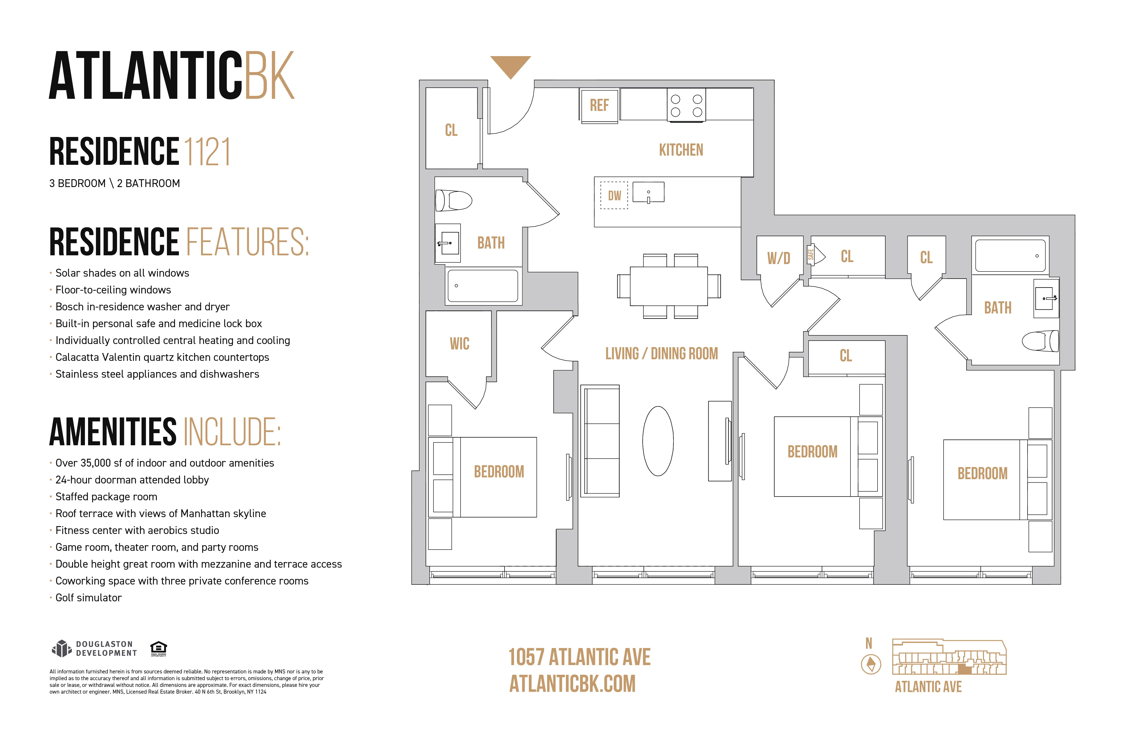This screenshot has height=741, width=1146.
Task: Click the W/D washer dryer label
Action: pos(778,258)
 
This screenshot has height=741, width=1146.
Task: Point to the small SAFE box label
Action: pos(811,255)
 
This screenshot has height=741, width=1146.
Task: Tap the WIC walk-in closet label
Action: pos(459,344)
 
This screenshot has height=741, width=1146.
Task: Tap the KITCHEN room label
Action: pos(681,150)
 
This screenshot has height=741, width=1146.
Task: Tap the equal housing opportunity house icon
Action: pos(158,648)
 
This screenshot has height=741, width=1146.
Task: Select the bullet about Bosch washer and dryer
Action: pos(142,307)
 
